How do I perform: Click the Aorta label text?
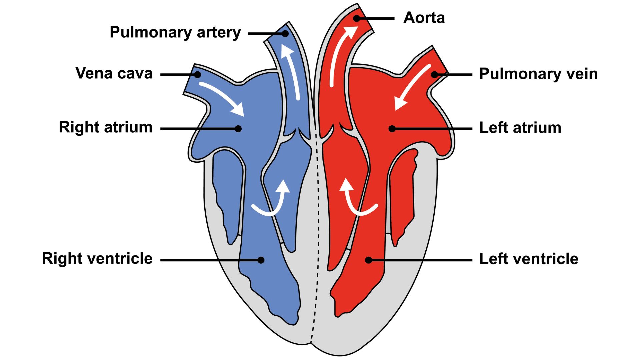(x=424, y=18)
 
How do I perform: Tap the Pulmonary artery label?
(x=175, y=33)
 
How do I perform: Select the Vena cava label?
(x=114, y=73)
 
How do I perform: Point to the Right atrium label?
(x=105, y=127)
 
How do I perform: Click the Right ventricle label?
(x=97, y=259)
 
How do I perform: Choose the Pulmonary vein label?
(x=538, y=74)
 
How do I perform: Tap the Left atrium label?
(x=520, y=128)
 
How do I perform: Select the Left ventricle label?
(x=528, y=259)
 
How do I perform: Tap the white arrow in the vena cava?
(x=223, y=98)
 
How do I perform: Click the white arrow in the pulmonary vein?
(x=412, y=87)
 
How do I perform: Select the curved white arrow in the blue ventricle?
(x=273, y=202)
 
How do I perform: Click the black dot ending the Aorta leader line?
(x=357, y=18)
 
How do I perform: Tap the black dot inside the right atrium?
(x=238, y=129)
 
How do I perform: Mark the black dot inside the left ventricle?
(x=368, y=260)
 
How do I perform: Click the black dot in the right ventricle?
(x=261, y=260)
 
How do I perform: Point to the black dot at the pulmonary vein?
(x=434, y=75)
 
